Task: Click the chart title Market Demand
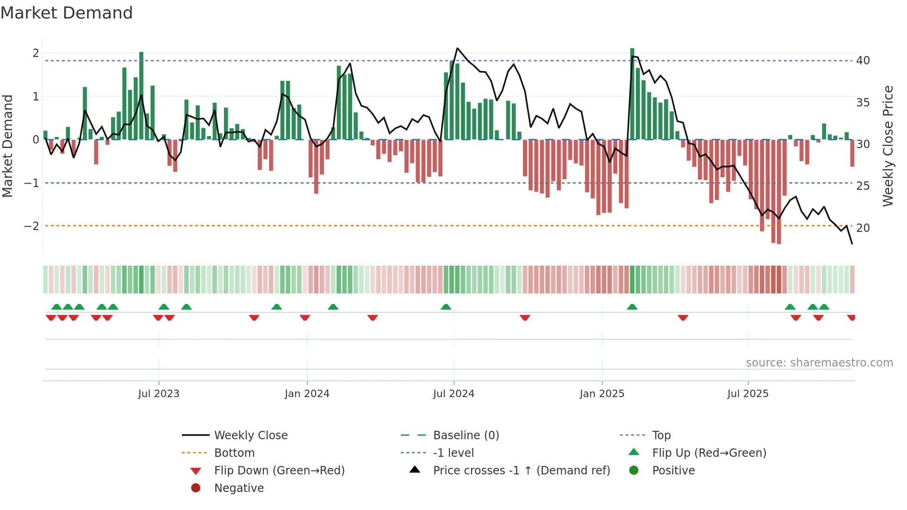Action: [67, 13]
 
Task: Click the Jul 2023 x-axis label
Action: [159, 394]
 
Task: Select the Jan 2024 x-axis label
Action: [307, 394]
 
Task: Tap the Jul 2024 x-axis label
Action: [453, 394]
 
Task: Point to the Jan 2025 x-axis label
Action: [602, 394]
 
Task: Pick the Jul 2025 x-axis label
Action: [748, 394]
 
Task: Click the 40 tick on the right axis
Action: [863, 61]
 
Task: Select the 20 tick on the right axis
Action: [863, 228]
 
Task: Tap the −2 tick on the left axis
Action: [31, 226]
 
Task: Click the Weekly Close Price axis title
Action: [888, 146]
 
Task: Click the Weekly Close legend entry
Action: [250, 435]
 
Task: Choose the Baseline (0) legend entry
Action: [466, 435]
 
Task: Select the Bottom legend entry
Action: [234, 453]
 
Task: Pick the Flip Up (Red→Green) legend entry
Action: [709, 453]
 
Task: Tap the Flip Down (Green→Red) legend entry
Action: [279, 471]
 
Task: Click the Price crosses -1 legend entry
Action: [521, 471]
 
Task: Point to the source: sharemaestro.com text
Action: [819, 363]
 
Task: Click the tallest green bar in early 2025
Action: [632, 93]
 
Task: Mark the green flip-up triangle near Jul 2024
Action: [446, 307]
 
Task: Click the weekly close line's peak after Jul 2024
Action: [457, 48]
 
